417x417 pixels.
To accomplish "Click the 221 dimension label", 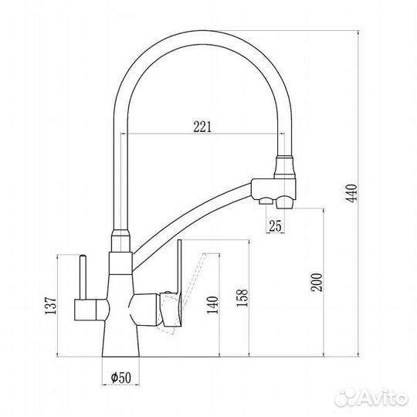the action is click(202, 127).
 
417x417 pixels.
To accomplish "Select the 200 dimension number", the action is click(317, 282).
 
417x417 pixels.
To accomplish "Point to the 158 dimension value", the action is click(242, 298).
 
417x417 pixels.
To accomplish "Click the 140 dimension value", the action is click(213, 305).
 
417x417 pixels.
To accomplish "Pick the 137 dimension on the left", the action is click(51, 305).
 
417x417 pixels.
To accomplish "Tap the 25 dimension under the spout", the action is click(275, 226).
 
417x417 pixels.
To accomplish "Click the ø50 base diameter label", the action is click(121, 377).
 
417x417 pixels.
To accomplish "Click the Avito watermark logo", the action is click(372, 398).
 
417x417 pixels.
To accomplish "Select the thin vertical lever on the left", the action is click(83, 277).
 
